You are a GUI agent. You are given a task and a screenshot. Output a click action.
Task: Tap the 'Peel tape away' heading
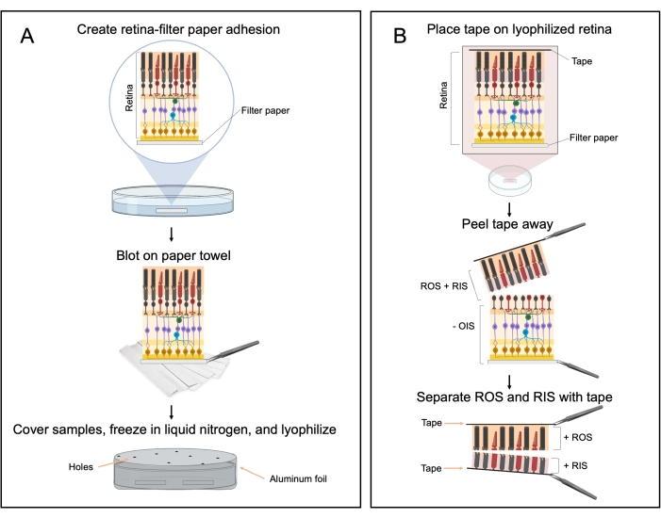[x=507, y=226]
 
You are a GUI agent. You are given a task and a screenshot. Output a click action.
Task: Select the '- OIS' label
[x=457, y=325]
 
